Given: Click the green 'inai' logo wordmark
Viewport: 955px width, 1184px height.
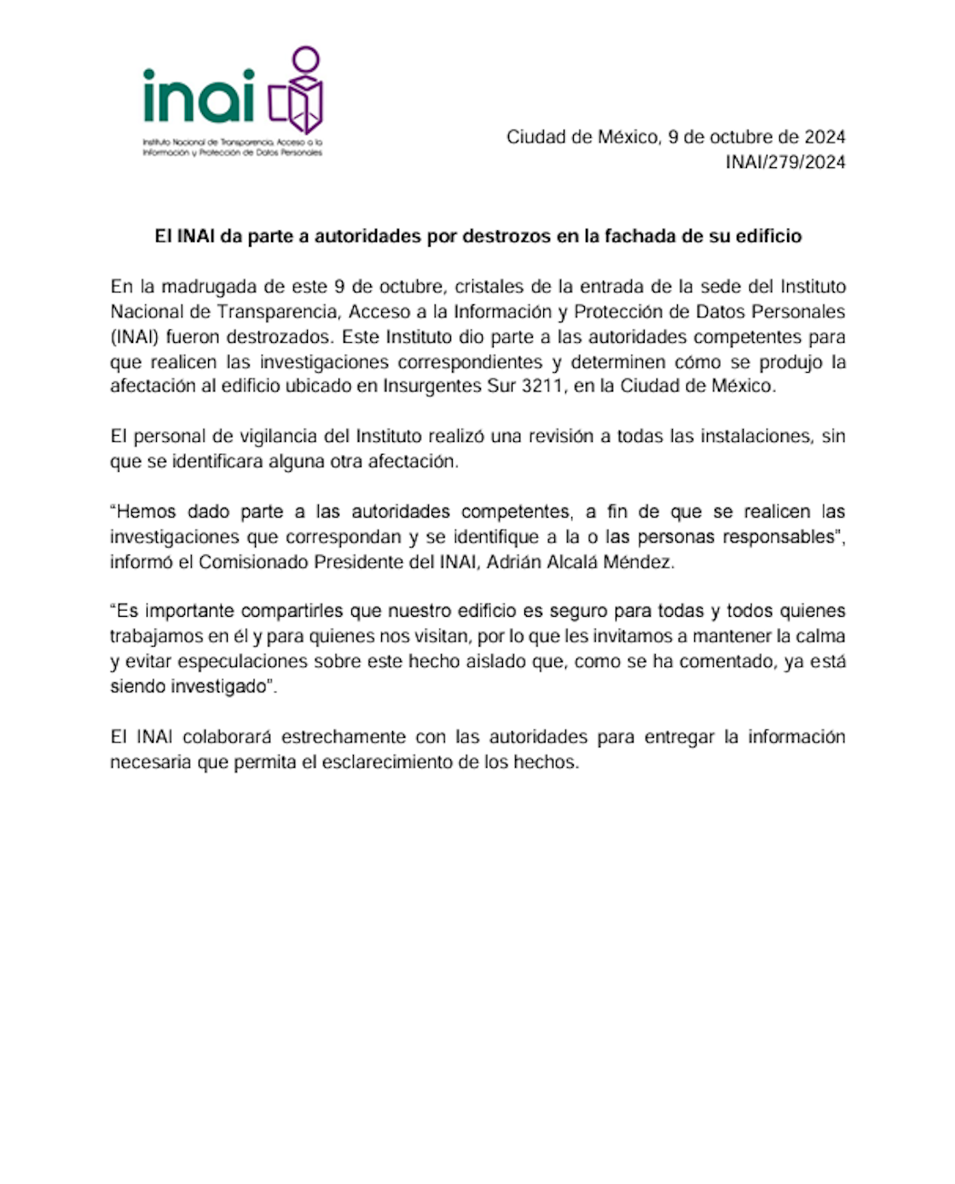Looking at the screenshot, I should [x=199, y=96].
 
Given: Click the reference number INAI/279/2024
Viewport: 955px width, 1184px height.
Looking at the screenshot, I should [x=784, y=162].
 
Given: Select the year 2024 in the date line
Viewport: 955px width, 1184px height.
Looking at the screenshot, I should [x=825, y=136].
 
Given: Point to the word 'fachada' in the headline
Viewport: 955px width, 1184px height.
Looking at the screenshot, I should [x=639, y=236].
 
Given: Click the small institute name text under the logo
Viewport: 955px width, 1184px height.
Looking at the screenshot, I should [x=232, y=147].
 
